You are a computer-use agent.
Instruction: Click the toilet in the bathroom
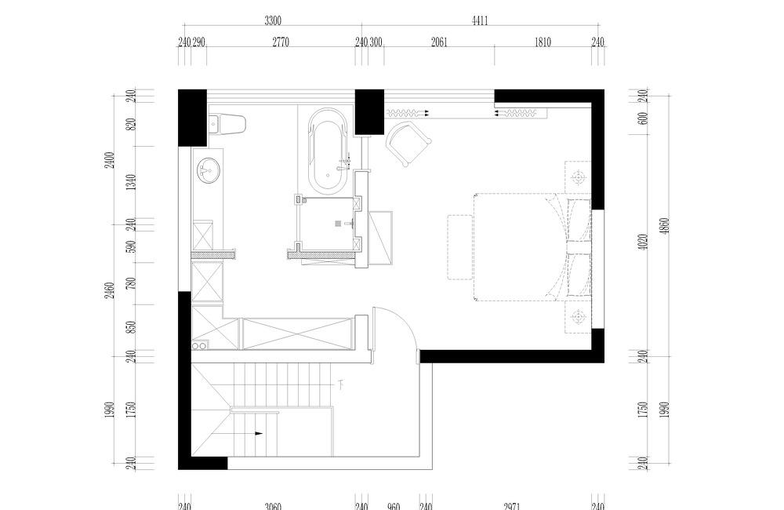tap(228, 123)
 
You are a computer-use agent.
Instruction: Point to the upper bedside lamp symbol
tap(579, 178)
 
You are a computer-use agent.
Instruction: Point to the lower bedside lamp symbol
tap(579, 316)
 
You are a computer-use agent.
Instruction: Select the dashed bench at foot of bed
tap(459, 246)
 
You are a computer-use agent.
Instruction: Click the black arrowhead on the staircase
tap(258, 432)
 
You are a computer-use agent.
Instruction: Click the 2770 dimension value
tap(281, 43)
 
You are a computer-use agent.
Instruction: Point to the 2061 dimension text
tap(439, 43)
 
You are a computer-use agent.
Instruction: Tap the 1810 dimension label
tap(543, 43)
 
